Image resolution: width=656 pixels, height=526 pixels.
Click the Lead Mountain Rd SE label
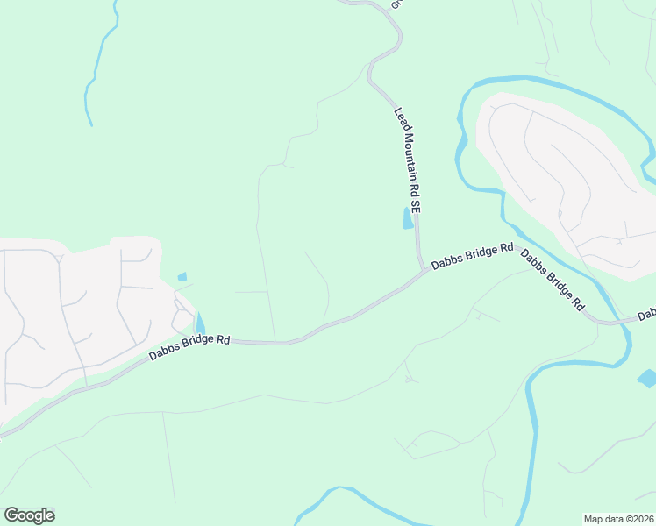click(x=408, y=161)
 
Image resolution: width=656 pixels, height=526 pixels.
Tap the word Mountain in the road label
click(x=407, y=159)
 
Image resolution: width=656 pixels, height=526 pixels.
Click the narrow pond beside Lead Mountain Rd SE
click(x=407, y=218)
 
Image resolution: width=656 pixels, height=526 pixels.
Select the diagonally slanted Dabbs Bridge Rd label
click(x=553, y=281)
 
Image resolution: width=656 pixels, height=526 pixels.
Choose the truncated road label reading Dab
click(x=646, y=314)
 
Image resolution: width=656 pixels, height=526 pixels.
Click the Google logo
click(x=29, y=515)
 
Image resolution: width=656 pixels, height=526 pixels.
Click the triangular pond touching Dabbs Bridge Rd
click(x=200, y=325)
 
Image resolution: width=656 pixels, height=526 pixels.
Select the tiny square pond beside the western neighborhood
click(x=182, y=277)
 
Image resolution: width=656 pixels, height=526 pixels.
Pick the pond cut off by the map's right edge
click(x=647, y=379)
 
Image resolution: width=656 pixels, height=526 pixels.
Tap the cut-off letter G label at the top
click(x=396, y=4)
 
